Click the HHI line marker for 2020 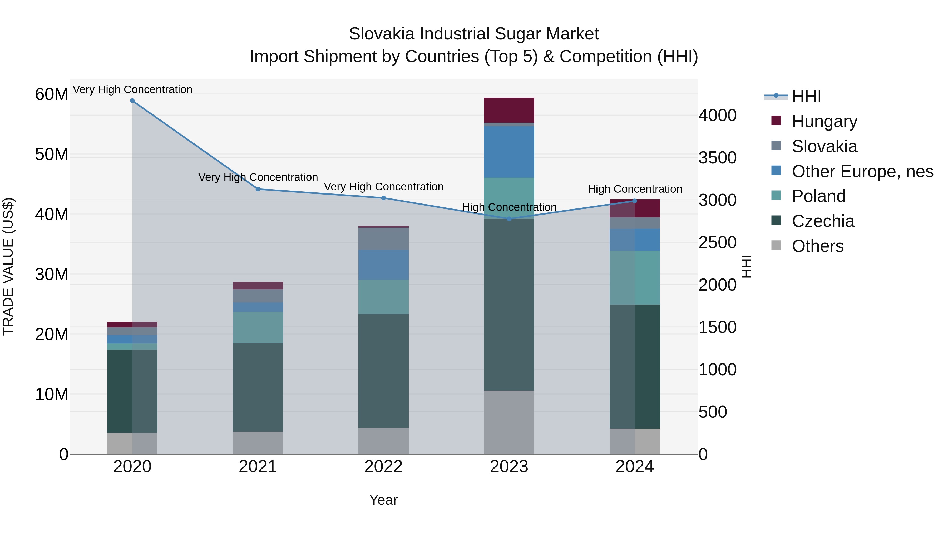(132, 101)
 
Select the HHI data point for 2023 (509, 219)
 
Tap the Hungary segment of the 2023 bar (509, 110)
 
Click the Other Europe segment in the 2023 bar (509, 152)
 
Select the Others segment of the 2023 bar (509, 422)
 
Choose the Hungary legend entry (824, 121)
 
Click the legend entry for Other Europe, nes (862, 171)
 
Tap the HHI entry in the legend (806, 96)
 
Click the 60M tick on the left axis (52, 94)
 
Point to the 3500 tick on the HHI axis (717, 158)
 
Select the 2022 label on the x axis (383, 467)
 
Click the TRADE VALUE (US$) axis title (8, 266)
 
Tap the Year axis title (383, 500)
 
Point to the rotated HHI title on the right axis (746, 266)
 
